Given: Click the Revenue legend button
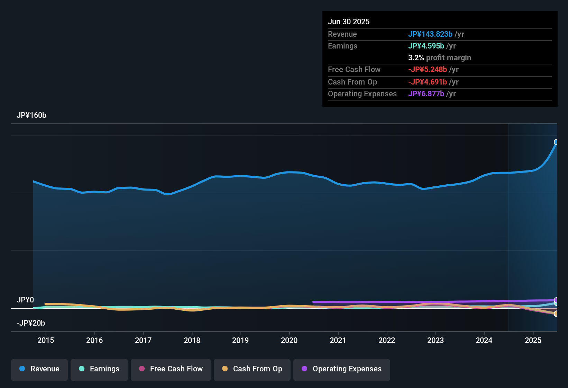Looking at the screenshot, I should [39, 369].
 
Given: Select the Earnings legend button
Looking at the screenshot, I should [99, 369].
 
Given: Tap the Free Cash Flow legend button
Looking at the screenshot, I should [171, 369].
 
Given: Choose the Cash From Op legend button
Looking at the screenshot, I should [252, 369].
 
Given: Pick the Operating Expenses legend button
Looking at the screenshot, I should [341, 369].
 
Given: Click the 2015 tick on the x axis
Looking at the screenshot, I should [46, 340].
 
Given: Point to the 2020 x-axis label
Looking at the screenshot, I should [289, 340].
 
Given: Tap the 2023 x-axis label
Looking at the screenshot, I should [435, 340].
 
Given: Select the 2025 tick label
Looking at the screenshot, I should [533, 340].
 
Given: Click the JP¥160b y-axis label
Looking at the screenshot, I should [31, 115].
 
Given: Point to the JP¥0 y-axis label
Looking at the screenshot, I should [25, 300].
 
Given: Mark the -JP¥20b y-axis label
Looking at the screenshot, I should [31, 323].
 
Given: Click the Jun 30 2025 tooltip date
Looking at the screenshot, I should [349, 21].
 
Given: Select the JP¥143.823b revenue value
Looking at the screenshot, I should [430, 34].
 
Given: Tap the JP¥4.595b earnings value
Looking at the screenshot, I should [426, 46].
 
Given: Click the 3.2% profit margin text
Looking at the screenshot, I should [439, 58].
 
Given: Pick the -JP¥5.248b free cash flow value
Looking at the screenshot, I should [427, 69].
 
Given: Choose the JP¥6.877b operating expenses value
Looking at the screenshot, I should [426, 94].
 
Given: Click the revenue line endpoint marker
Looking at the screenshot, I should [556, 142].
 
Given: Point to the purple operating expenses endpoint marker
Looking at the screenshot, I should [556, 300].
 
